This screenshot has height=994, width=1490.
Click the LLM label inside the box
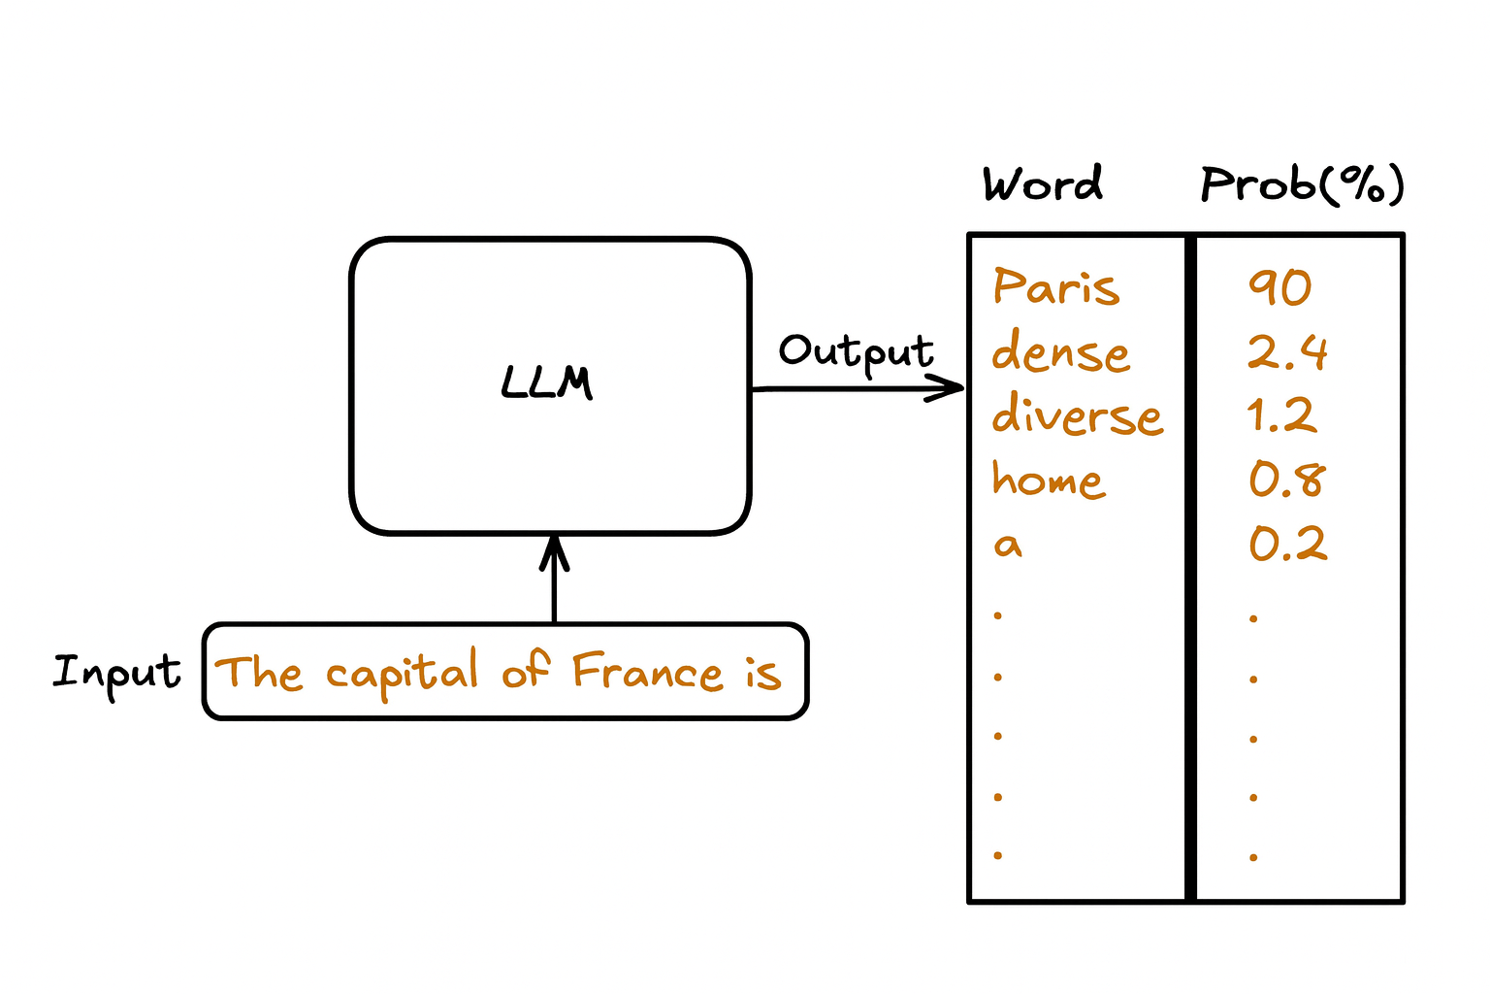[x=547, y=382]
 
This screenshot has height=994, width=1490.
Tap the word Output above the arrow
[x=856, y=352]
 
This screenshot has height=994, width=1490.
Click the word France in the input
[x=647, y=672]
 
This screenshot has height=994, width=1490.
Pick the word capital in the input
[x=402, y=673]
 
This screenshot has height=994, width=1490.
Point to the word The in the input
[x=258, y=673]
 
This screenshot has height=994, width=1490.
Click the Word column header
[x=1043, y=183]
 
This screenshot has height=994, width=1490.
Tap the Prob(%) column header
[x=1302, y=183]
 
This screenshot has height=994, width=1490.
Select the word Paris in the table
[x=1056, y=287]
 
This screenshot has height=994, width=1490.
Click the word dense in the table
[x=1060, y=351]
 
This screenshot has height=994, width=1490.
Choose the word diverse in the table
[x=1077, y=415]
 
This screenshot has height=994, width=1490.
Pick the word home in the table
[x=1048, y=480]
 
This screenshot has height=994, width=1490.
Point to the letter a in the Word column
[x=1008, y=545]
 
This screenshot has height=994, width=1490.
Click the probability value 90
[x=1279, y=287]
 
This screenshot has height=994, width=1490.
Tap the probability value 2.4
[x=1286, y=351]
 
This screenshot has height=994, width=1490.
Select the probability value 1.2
[x=1280, y=415]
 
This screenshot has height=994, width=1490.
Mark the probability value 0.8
[x=1286, y=480]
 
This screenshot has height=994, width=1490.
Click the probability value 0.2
[x=1287, y=545]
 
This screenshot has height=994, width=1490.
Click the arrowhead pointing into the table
[x=951, y=389]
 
